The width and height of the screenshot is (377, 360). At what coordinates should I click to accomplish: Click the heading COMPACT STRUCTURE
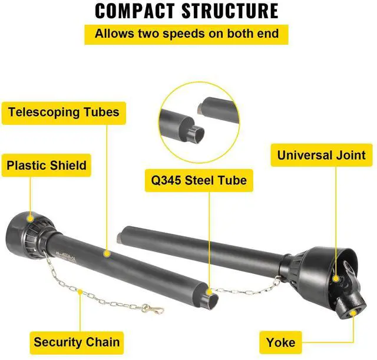click(187, 11)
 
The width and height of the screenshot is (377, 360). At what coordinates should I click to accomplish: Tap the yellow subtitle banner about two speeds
click(187, 33)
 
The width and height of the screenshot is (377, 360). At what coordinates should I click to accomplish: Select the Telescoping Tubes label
click(64, 111)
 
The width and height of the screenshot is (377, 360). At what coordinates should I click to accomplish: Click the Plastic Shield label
click(47, 166)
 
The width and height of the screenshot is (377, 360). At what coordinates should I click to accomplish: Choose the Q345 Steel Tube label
click(199, 180)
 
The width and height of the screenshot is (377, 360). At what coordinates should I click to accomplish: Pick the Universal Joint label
click(322, 156)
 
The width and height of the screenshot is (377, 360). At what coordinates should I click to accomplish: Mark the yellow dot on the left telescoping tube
click(107, 253)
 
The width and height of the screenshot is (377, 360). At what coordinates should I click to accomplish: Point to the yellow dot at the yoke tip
click(353, 313)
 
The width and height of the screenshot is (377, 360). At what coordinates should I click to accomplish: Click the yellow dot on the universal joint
click(335, 278)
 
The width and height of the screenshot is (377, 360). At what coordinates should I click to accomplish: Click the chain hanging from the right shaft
click(247, 287)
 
